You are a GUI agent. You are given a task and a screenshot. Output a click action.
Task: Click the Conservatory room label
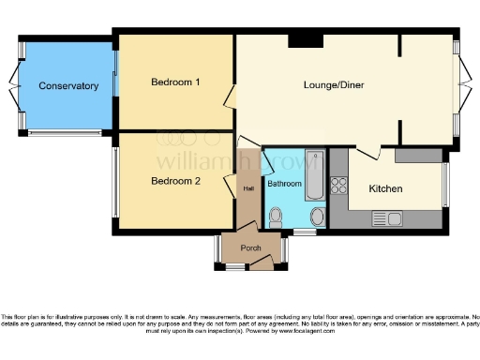pos(68,86)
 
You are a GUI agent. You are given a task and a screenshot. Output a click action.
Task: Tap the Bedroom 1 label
pos(176,82)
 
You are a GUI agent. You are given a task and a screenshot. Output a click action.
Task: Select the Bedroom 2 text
pos(176,181)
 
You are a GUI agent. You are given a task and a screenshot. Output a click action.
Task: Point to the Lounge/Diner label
pos(334,85)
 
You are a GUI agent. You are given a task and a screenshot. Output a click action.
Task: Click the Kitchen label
pos(385,188)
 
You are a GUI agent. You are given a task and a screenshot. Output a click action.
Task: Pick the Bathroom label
pos(285,184)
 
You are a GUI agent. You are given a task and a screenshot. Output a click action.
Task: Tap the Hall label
pos(248,189)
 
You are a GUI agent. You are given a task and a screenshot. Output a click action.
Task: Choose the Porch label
pos(251,248)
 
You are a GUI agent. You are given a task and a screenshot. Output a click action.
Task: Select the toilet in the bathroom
pos(275,217)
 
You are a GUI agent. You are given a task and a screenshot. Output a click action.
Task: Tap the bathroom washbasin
pos(316,218)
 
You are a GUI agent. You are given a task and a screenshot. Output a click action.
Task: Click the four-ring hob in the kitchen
pos(339,185)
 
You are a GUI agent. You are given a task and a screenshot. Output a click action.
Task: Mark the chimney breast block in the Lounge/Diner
pos(306,39)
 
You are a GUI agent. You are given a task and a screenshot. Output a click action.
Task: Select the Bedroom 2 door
pos(229,183)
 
